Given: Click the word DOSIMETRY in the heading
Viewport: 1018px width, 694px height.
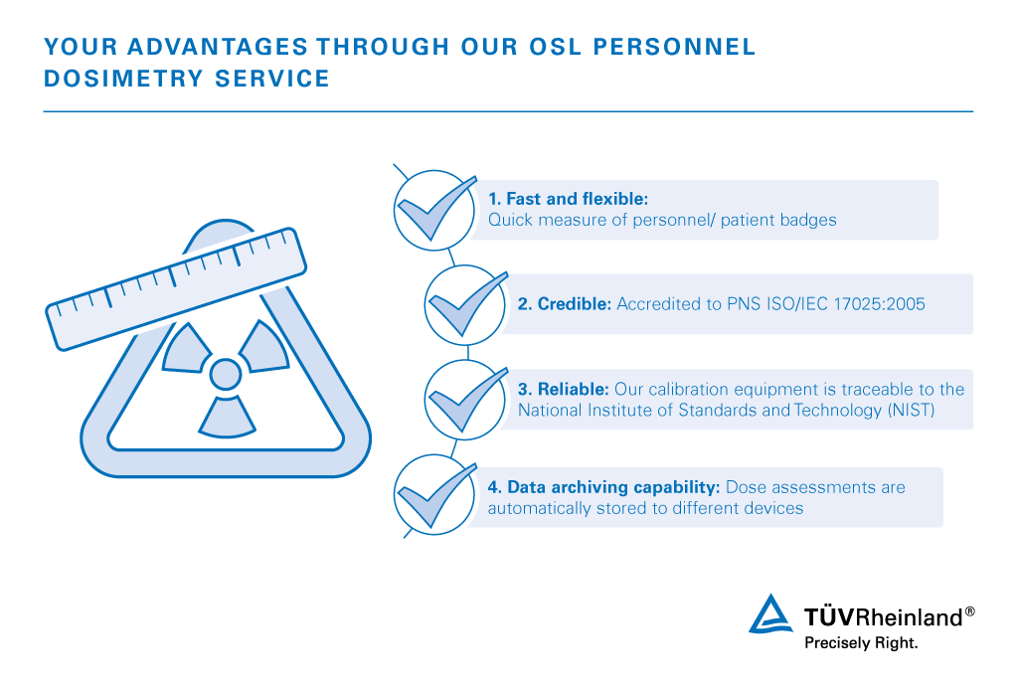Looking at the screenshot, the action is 123,79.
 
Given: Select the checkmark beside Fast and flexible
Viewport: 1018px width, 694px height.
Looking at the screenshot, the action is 437,208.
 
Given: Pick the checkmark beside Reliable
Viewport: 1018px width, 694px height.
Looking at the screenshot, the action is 468,400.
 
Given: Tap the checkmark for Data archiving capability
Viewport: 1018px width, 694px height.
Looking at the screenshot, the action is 437,495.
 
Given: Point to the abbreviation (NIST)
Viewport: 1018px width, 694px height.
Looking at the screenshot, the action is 911,411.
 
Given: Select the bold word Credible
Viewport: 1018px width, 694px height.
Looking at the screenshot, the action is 575,304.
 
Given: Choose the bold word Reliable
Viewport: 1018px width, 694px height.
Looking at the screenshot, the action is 574,389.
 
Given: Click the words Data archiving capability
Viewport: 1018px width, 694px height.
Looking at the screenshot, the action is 613,487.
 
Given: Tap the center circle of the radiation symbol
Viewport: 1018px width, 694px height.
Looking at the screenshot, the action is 226,374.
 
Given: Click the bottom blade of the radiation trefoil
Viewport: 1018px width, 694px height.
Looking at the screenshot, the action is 227,417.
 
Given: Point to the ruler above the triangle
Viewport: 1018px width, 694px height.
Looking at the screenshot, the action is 176,289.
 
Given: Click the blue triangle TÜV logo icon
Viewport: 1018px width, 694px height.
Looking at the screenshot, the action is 770,613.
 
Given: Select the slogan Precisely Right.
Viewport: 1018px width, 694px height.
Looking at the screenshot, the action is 861,642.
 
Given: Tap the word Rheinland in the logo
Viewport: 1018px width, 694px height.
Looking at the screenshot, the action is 912,616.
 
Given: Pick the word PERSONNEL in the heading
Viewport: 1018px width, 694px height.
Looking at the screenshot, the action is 675,47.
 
